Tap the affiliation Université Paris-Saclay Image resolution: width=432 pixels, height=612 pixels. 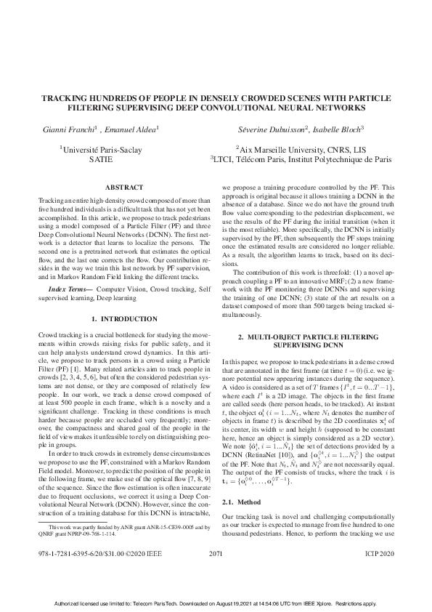tap(101, 150)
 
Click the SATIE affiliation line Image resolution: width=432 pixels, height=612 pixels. tap(100, 159)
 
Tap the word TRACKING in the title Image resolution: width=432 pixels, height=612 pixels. tap(66, 97)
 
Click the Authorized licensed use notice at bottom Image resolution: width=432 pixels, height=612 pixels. tap(216, 605)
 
